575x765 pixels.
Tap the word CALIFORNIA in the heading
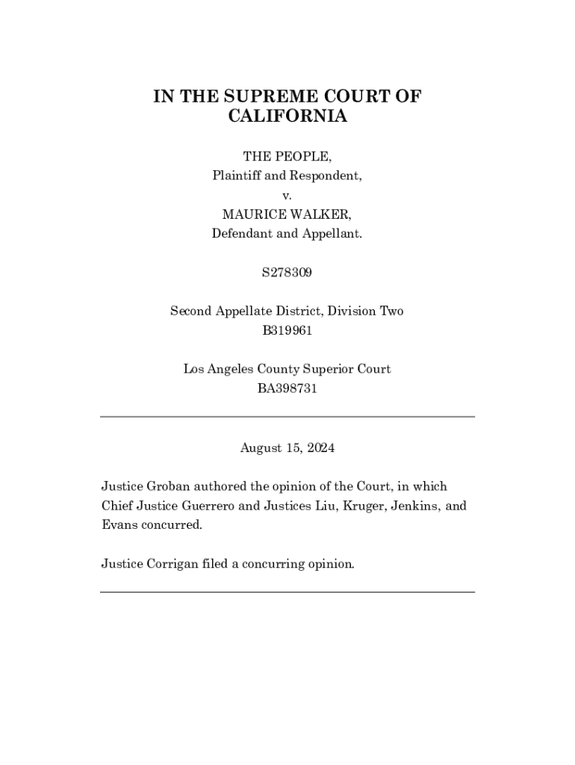click(x=287, y=117)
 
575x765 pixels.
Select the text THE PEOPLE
click(x=287, y=156)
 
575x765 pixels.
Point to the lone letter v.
click(x=287, y=196)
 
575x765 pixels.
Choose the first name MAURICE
click(x=252, y=214)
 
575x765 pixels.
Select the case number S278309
click(x=287, y=273)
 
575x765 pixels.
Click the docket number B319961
click(x=287, y=330)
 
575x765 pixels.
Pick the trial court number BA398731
click(x=287, y=388)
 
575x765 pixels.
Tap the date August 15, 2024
click(x=287, y=448)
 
